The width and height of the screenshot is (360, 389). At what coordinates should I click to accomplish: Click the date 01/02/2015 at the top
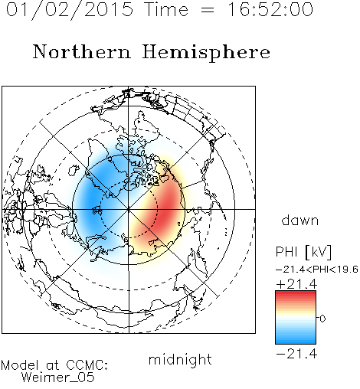(70, 10)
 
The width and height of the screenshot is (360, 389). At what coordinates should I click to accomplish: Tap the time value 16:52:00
(270, 10)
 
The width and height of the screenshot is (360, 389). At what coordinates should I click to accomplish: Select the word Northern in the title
(82, 51)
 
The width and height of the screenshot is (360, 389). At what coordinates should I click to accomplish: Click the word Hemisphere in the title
(206, 53)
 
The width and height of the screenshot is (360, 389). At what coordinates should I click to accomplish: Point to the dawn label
(300, 220)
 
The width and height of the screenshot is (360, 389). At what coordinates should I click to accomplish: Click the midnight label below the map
(180, 359)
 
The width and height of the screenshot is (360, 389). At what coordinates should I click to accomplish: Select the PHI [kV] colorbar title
(303, 252)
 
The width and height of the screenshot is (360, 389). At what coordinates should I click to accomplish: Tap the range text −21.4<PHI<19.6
(317, 270)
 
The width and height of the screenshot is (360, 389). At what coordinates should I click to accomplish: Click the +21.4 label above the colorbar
(296, 284)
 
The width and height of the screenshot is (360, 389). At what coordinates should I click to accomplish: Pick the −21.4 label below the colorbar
(296, 354)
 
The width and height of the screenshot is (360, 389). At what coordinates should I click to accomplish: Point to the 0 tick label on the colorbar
(322, 319)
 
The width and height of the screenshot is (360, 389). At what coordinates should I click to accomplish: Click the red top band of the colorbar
(296, 294)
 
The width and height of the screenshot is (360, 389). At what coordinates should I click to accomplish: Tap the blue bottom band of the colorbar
(296, 341)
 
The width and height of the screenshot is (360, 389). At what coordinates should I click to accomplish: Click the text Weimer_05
(58, 378)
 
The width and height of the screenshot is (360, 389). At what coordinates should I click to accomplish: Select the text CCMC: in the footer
(87, 365)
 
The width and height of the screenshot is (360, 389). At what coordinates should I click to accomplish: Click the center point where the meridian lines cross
(129, 209)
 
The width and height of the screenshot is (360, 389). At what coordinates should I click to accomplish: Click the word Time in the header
(166, 10)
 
